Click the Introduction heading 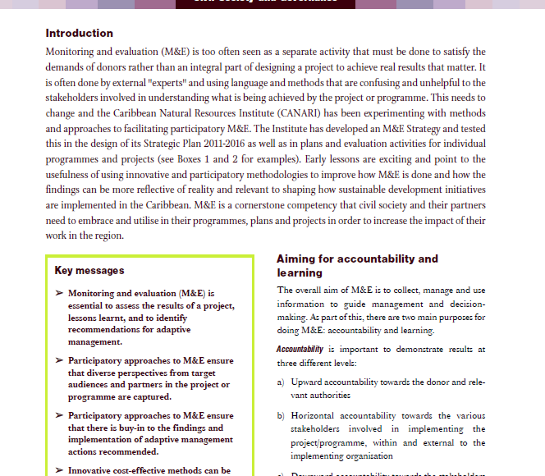click(x=80, y=34)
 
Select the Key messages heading click(x=89, y=270)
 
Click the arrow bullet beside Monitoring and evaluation click(x=59, y=293)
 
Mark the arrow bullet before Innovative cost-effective click(x=59, y=470)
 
